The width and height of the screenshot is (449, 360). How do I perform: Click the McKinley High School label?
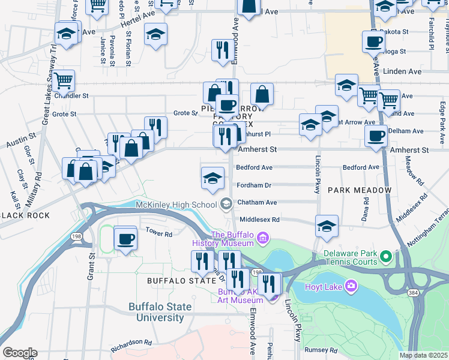(176, 205)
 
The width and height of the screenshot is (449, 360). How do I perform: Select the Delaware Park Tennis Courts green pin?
(386, 258)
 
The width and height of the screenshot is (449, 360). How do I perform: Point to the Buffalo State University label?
(160, 311)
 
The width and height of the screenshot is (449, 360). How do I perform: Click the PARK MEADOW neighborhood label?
(352, 190)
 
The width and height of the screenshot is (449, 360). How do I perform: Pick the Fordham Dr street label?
(253, 185)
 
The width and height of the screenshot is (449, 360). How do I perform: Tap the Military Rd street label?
(38, 185)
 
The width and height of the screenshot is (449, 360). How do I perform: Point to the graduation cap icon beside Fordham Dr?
(212, 178)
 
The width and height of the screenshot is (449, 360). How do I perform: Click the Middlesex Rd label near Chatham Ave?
(258, 220)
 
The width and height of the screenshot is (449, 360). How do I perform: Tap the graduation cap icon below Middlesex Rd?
(327, 226)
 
